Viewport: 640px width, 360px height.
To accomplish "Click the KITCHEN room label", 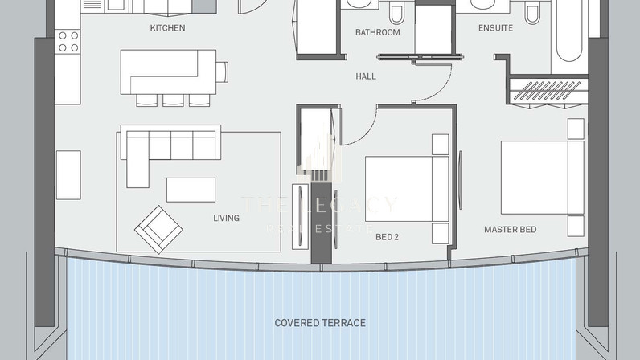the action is click(x=167, y=28).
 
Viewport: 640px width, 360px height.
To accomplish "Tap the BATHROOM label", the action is click(x=378, y=32).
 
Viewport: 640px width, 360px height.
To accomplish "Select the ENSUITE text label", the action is click(x=495, y=28).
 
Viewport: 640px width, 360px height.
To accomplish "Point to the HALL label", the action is click(x=366, y=76).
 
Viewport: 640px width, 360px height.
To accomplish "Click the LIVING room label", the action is click(x=226, y=218).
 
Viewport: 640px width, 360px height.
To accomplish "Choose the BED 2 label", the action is click(x=387, y=237).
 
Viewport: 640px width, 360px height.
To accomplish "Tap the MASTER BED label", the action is click(x=511, y=229).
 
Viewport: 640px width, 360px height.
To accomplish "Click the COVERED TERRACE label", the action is click(x=320, y=323).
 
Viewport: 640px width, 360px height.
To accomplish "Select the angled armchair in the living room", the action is click(x=158, y=229).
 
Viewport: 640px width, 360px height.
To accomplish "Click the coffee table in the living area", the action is click(x=191, y=190).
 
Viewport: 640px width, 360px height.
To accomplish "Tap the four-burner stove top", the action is click(x=68, y=42).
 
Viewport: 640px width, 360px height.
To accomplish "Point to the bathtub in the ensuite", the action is click(x=569, y=34).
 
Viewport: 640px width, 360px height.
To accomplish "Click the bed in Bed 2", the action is click(x=407, y=189).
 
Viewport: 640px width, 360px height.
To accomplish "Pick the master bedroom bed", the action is click(x=543, y=178).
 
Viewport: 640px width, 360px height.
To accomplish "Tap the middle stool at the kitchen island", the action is click(x=173, y=100).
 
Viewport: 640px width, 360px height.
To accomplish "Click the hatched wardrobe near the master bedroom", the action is click(x=547, y=91).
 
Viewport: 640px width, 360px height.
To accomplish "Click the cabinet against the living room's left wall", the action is click(x=68, y=175).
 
